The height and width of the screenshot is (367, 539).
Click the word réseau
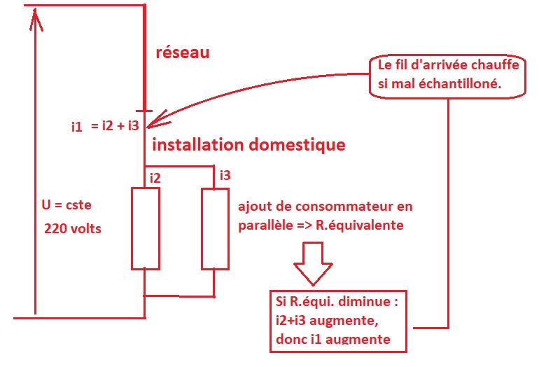[181, 53]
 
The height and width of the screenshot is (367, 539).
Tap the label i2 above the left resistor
[155, 179]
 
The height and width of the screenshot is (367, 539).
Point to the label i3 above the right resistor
[224, 175]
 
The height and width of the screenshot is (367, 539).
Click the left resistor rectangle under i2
[146, 228]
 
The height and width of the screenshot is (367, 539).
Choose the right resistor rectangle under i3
[215, 228]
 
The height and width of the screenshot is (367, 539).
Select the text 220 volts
[72, 228]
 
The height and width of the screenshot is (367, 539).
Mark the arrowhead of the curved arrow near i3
[155, 120]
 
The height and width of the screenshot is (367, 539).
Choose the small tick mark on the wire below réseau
[143, 111]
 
